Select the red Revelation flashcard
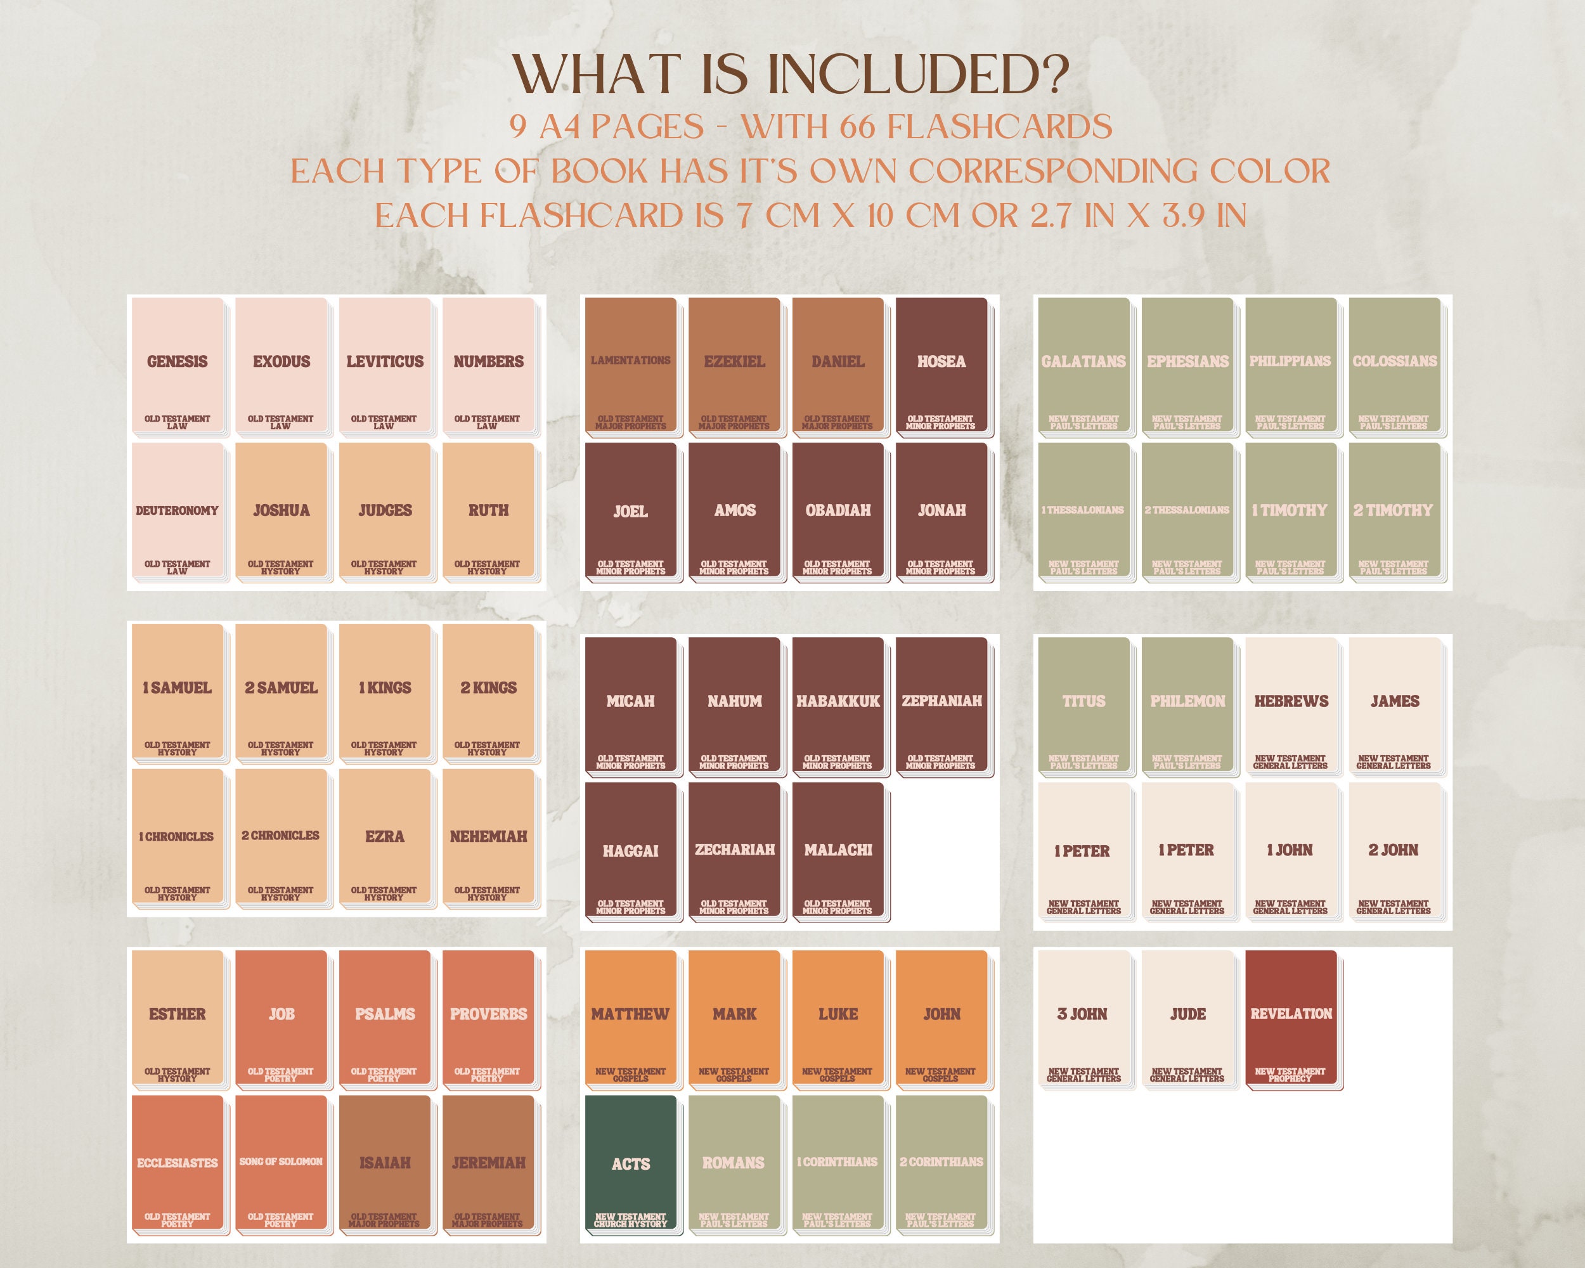1291,1019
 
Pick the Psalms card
384,1019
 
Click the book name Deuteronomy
177,510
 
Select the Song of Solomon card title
281,1161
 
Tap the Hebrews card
1291,706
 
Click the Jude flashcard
1187,1019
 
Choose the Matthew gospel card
631,1019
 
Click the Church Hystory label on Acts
631,1224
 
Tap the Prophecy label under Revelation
1290,1079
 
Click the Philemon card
1187,706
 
